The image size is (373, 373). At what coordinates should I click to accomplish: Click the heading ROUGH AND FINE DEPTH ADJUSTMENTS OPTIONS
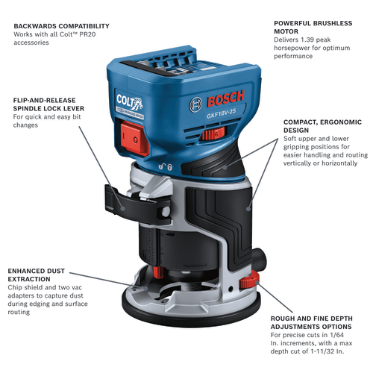point(322,321)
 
